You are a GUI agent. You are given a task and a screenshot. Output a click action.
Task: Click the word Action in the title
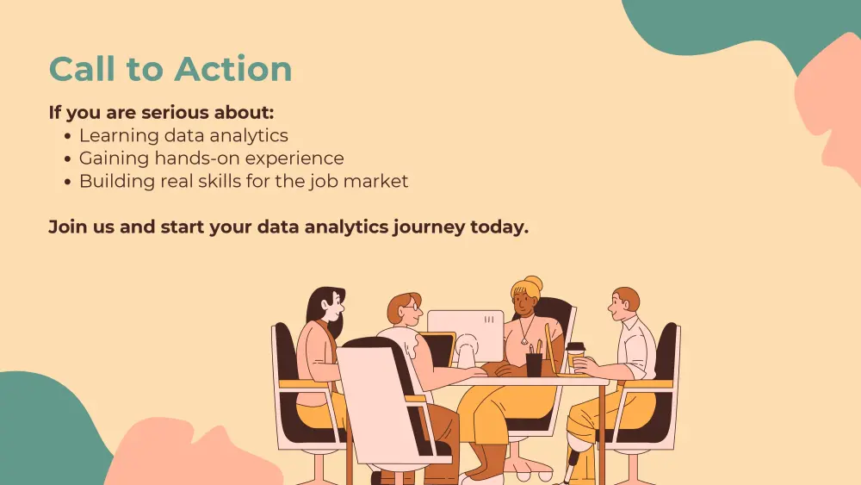point(233,69)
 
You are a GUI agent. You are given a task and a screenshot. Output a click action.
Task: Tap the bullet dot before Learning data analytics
point(67,136)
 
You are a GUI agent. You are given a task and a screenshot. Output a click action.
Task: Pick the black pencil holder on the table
point(534,364)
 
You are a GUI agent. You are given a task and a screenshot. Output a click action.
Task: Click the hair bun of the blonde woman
point(533,284)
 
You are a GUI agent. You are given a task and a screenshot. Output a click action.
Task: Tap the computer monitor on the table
point(465,336)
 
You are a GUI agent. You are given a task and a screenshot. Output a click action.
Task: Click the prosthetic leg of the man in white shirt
point(574,462)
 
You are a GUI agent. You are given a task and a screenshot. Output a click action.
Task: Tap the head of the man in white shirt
point(624,304)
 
